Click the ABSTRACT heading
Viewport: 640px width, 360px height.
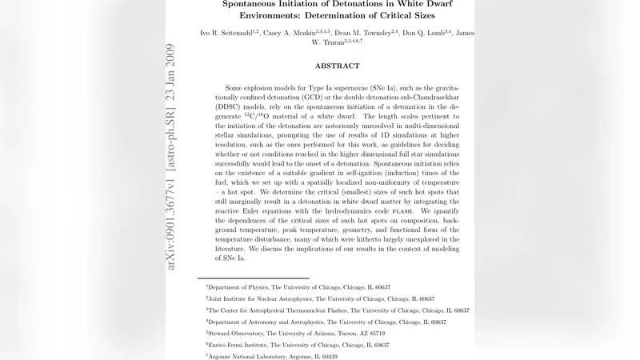(x=337, y=66)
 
